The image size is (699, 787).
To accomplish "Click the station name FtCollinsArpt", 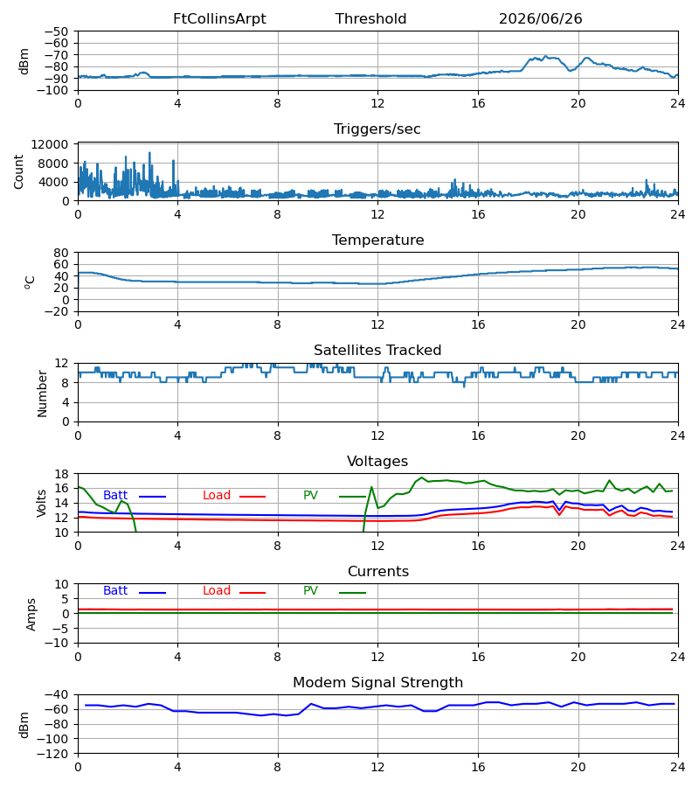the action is click(x=219, y=19).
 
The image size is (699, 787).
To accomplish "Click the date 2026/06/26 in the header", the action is click(x=540, y=19).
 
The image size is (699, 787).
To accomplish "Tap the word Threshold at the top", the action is click(x=370, y=19).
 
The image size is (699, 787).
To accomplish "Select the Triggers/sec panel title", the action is click(x=377, y=129).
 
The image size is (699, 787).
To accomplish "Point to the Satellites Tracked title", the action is click(x=377, y=351).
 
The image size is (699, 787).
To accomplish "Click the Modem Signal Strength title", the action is click(x=377, y=683).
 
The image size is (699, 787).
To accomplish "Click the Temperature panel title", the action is click(x=377, y=240).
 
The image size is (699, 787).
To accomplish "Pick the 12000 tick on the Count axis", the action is click(x=50, y=144).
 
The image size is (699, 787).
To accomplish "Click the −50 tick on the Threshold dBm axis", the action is click(x=56, y=31).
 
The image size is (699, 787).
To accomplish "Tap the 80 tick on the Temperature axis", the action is click(x=61, y=253).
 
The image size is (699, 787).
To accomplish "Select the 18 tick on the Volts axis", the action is click(x=61, y=474).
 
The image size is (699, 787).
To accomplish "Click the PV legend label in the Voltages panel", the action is click(x=310, y=496).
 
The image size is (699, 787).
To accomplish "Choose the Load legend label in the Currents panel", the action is click(x=216, y=591).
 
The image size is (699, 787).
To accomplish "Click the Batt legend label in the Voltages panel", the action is click(x=115, y=496).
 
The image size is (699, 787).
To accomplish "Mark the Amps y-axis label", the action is click(x=31, y=614).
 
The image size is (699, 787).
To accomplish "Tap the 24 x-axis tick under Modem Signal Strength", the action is click(x=678, y=767).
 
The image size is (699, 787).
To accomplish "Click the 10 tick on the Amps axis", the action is click(x=61, y=584).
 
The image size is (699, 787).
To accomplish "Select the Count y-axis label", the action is click(x=18, y=171).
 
